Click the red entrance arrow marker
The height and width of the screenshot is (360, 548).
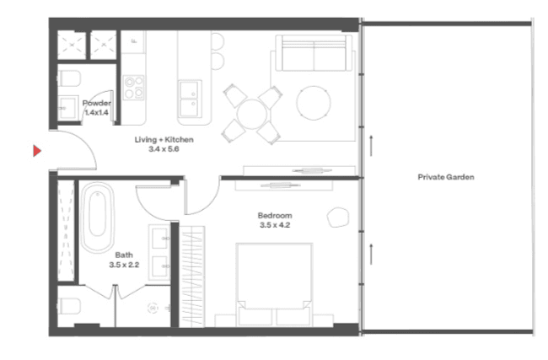(x=37, y=151)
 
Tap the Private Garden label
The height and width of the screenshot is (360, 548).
(x=446, y=177)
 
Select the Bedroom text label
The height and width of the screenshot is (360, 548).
(x=275, y=215)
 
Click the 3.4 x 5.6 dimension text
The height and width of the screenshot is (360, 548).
(x=164, y=149)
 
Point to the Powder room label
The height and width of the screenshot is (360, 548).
(x=96, y=103)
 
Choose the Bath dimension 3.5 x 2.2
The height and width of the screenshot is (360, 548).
(x=124, y=265)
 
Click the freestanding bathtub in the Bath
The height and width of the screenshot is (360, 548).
(x=98, y=218)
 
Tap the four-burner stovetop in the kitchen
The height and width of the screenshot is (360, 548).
(x=133, y=88)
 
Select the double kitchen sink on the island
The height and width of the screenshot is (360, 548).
(x=190, y=99)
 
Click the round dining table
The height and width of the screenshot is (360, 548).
(x=251, y=115)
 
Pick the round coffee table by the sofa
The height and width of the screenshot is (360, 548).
(x=314, y=103)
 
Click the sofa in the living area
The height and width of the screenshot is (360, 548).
(x=314, y=53)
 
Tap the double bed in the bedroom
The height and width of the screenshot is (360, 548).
(x=274, y=285)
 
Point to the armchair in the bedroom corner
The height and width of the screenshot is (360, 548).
(x=338, y=218)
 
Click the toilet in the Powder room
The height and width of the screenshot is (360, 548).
(x=69, y=78)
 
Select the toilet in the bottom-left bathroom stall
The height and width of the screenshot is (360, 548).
(x=69, y=306)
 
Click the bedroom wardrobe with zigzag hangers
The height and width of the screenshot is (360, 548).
(x=192, y=277)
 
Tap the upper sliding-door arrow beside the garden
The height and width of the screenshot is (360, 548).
(x=371, y=146)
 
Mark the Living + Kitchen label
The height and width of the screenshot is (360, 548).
(x=164, y=140)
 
